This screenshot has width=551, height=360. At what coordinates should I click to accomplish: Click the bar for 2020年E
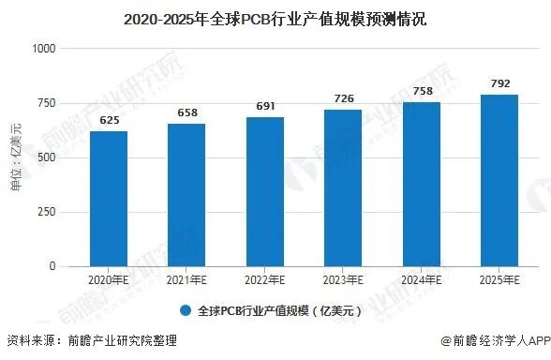pos(109,199)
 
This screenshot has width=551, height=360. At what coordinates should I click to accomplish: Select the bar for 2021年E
pos(186,195)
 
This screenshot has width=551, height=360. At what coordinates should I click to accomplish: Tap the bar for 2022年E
pos(264,191)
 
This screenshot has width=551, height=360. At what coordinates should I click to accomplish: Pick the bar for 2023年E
pos(343,187)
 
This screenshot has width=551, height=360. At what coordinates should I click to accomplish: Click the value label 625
pos(109,121)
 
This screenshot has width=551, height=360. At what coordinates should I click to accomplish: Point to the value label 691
pos(264,107)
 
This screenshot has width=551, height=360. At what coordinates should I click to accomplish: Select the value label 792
pos(499,84)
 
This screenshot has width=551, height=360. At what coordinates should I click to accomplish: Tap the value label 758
pos(421,92)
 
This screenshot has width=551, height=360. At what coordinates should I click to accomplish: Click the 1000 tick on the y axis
pos(44,49)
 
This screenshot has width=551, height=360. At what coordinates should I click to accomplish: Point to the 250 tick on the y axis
pos(48,212)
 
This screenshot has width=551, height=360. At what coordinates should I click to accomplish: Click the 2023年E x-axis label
pos(343,281)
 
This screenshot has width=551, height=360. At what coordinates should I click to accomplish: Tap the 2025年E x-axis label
pos(499,281)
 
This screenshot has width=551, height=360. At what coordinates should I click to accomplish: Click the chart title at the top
pos(275,18)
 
